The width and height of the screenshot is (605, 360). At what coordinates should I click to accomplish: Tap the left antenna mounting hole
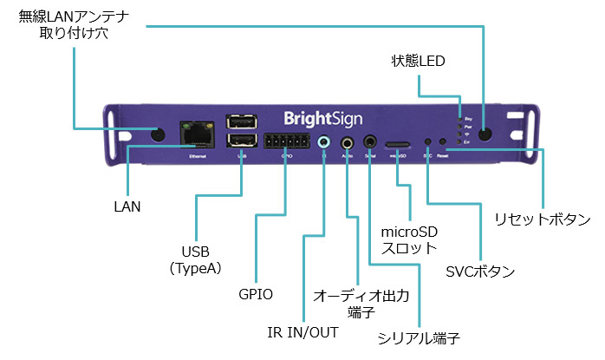click(x=159, y=134)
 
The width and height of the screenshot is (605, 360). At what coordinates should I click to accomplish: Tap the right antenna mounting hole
click(x=485, y=134)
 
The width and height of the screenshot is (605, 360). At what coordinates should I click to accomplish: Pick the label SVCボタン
click(x=480, y=272)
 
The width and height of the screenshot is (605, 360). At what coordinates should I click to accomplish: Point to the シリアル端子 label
click(x=419, y=337)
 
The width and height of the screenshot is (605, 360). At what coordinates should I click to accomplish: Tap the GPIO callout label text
click(x=256, y=294)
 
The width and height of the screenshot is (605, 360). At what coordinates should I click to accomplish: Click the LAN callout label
click(x=127, y=207)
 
